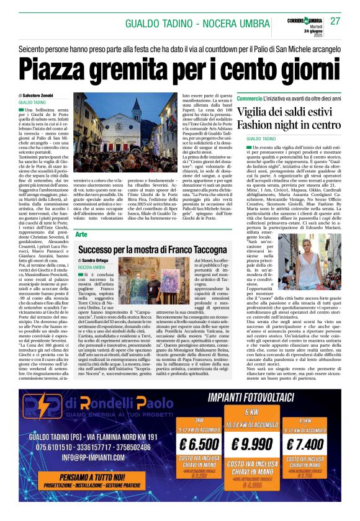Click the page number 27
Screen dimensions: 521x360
(335, 21)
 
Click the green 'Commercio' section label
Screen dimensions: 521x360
(250, 99)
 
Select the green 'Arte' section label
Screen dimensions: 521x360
(82, 234)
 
